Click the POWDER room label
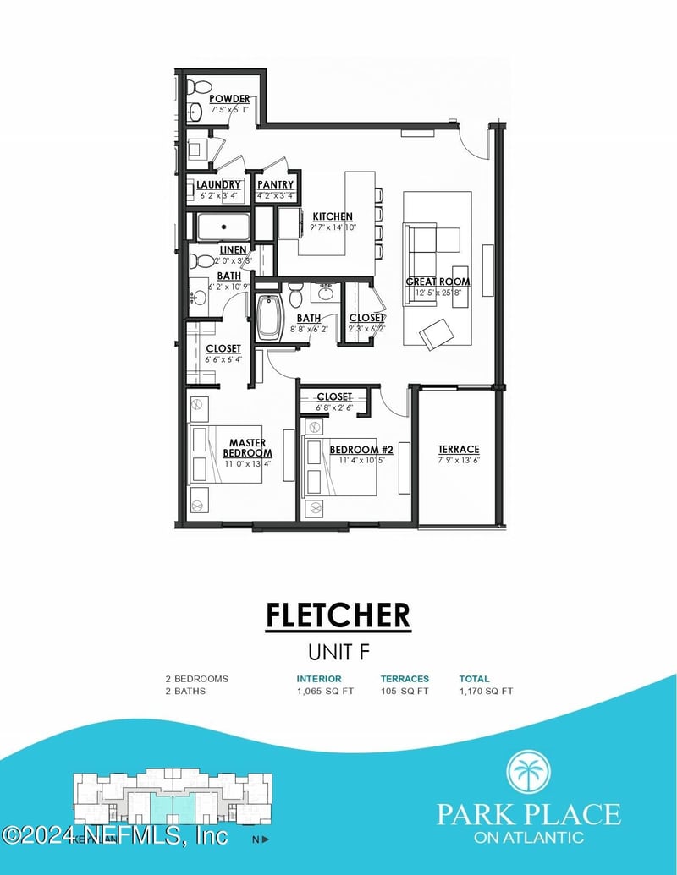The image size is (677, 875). [x=229, y=99]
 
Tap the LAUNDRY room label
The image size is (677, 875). [x=219, y=184]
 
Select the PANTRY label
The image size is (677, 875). [x=276, y=184]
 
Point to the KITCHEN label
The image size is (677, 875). [x=333, y=216]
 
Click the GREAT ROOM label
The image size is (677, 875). [x=438, y=282]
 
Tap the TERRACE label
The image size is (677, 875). [x=459, y=449]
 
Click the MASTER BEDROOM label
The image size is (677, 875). [x=247, y=448]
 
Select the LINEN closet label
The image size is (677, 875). [x=234, y=250]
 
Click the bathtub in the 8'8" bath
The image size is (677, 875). [x=268, y=317]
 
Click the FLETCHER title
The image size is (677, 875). [x=338, y=615]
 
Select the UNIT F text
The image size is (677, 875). [x=338, y=652]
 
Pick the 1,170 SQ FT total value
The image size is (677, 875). [x=486, y=691]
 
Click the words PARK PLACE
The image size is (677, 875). [x=528, y=814]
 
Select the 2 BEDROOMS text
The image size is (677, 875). [x=196, y=679]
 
